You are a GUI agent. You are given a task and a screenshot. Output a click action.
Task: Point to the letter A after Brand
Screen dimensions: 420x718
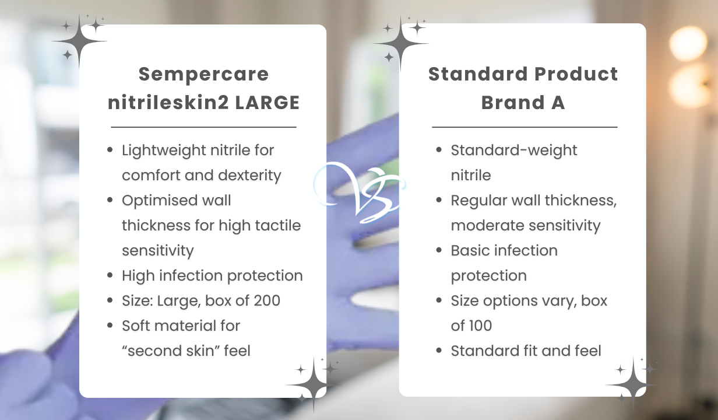[x=558, y=103]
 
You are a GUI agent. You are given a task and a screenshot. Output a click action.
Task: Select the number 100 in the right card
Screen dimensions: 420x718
[x=478, y=325]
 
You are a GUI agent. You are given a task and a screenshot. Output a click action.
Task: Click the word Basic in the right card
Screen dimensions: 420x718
[x=469, y=251]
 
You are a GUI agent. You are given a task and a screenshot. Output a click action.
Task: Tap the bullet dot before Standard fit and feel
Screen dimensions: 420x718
[x=439, y=351]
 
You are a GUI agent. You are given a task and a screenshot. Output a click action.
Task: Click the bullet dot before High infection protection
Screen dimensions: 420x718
[x=110, y=276]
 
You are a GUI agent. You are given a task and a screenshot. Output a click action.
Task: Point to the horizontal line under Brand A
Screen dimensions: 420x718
[x=525, y=127]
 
